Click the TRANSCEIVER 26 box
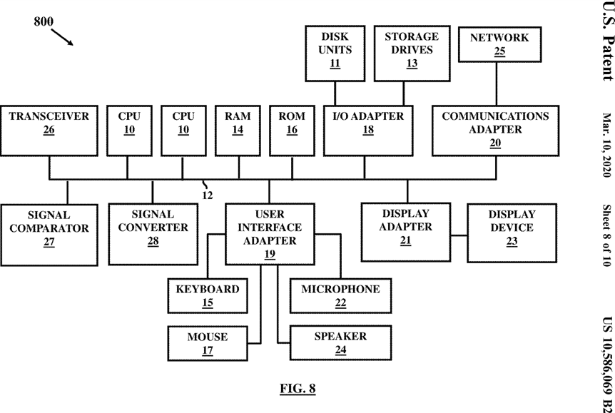[49, 131]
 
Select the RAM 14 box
[238, 131]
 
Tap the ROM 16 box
[292, 131]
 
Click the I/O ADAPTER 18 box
[368, 131]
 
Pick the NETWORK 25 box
[499, 44]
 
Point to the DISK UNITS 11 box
[335, 53]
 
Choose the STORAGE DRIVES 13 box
[412, 53]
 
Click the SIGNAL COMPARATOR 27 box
[49, 235]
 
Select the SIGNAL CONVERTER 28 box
[153, 234]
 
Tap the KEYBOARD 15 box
[208, 296]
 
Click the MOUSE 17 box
[208, 343]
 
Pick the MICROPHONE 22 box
[340, 296]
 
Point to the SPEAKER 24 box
[340, 342]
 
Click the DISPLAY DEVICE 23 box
[512, 233]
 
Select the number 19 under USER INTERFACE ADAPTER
[270, 254]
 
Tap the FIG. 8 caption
[298, 388]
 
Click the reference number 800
[43, 21]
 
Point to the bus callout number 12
[208, 195]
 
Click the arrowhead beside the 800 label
[70, 42]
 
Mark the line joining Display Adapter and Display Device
[459, 235]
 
